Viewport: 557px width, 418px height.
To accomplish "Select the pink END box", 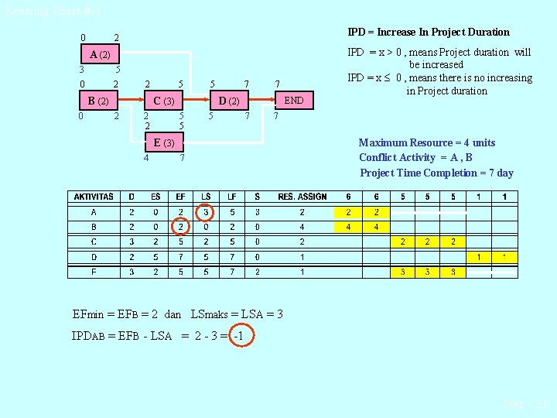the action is coord(293,101).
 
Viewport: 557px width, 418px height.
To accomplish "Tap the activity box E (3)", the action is coord(163,142).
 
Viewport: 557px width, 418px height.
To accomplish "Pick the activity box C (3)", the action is coord(163,101).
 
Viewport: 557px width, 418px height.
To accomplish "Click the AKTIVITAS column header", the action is coord(93,197).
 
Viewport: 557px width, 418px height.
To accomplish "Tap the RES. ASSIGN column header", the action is coord(302,197).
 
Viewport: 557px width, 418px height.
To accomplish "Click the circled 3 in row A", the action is coord(205,212).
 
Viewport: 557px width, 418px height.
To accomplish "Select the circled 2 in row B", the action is coord(180,227).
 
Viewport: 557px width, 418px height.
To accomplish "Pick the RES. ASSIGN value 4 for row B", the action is coord(302,227).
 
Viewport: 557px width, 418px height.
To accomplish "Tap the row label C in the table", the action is coord(93,242).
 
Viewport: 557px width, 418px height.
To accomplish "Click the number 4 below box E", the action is coord(146,158).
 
